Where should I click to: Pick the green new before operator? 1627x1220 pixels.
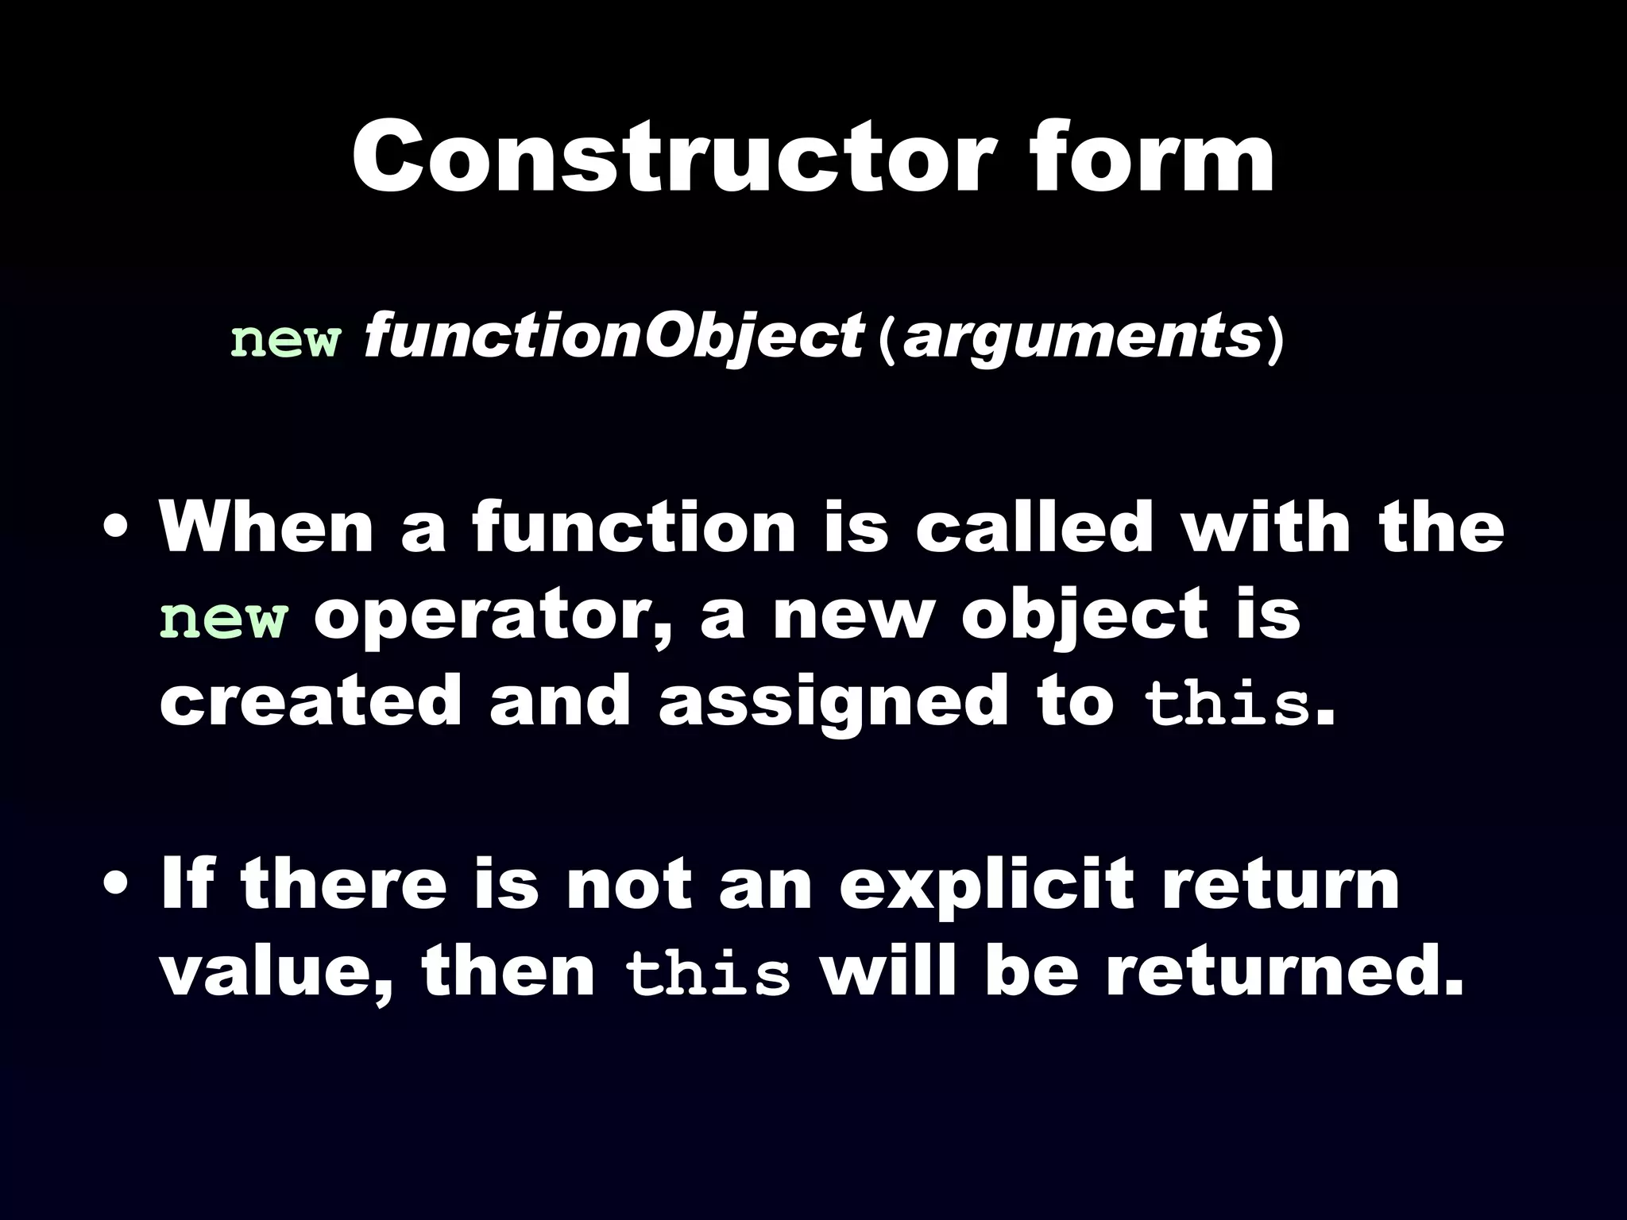click(223, 620)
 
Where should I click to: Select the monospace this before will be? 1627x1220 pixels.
click(708, 975)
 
